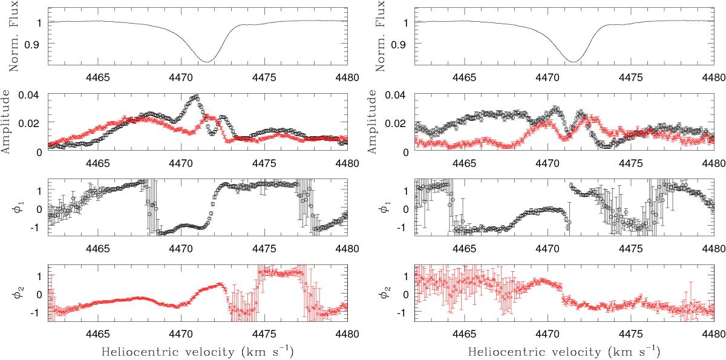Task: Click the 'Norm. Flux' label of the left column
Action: pyautogui.click(x=10, y=34)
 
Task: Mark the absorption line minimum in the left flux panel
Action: pyautogui.click(x=207, y=61)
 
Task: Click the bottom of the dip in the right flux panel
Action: pyautogui.click(x=572, y=61)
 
